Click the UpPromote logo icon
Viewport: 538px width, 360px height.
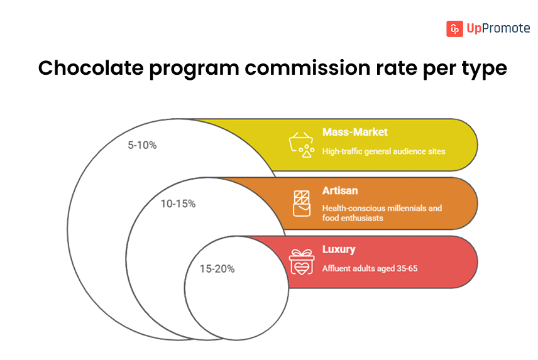[x=454, y=28]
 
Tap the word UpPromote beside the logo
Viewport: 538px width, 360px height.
[x=497, y=28]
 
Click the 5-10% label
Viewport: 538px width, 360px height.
[x=142, y=145]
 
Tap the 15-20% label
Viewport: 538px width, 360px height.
[x=217, y=269]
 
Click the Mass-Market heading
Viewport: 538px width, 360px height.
[x=354, y=132]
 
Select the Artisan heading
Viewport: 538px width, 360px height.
[x=340, y=190]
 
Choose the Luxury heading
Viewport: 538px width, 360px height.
[x=339, y=249]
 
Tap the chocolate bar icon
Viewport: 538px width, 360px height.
[x=302, y=203]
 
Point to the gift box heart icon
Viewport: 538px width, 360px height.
[x=301, y=262]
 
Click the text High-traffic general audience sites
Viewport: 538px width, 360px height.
[x=383, y=151]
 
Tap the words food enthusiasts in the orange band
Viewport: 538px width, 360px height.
[x=354, y=218]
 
